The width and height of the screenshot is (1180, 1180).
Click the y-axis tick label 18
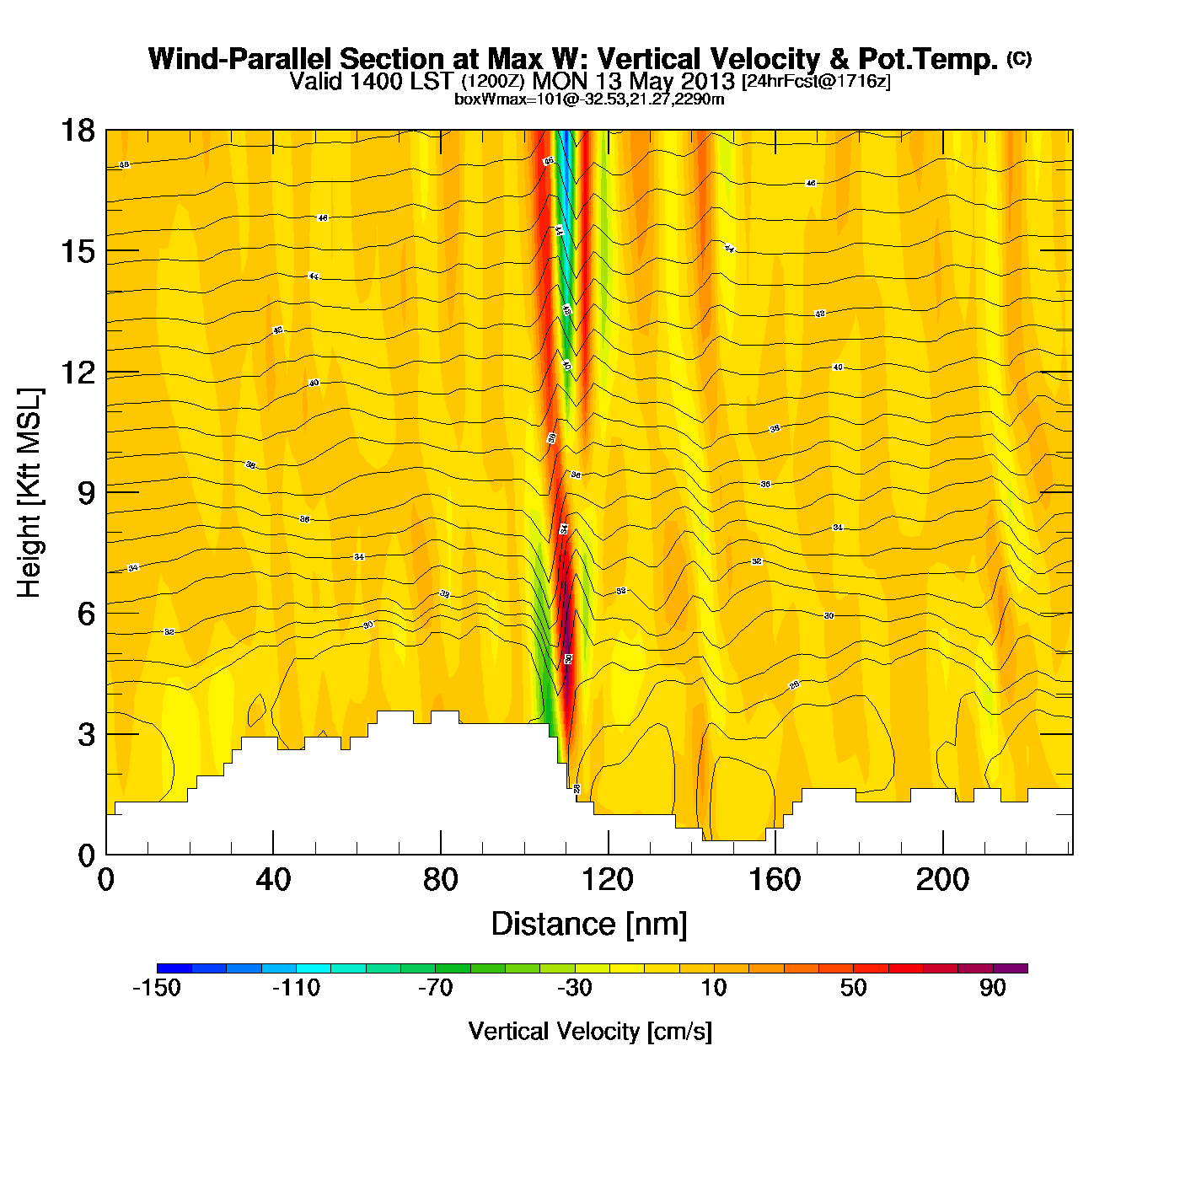[x=78, y=131]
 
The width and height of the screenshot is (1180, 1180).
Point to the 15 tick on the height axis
[x=78, y=251]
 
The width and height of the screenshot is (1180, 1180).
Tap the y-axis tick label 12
[x=78, y=372]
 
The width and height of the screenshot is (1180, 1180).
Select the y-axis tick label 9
[x=86, y=493]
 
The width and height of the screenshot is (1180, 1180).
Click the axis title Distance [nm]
[x=589, y=925]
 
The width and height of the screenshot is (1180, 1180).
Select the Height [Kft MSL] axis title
[x=29, y=493]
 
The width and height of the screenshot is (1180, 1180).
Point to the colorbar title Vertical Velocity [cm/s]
[x=590, y=1031]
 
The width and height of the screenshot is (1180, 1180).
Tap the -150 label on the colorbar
[x=157, y=988]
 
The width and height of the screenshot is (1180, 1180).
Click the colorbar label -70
[x=436, y=988]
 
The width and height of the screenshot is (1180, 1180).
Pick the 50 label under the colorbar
[x=853, y=988]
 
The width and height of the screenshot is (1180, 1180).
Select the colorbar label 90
[x=993, y=988]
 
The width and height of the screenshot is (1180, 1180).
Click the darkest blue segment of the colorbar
[x=174, y=968]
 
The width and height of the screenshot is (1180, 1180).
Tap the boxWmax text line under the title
[x=589, y=99]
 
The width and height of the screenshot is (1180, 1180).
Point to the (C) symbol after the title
[x=1019, y=58]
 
